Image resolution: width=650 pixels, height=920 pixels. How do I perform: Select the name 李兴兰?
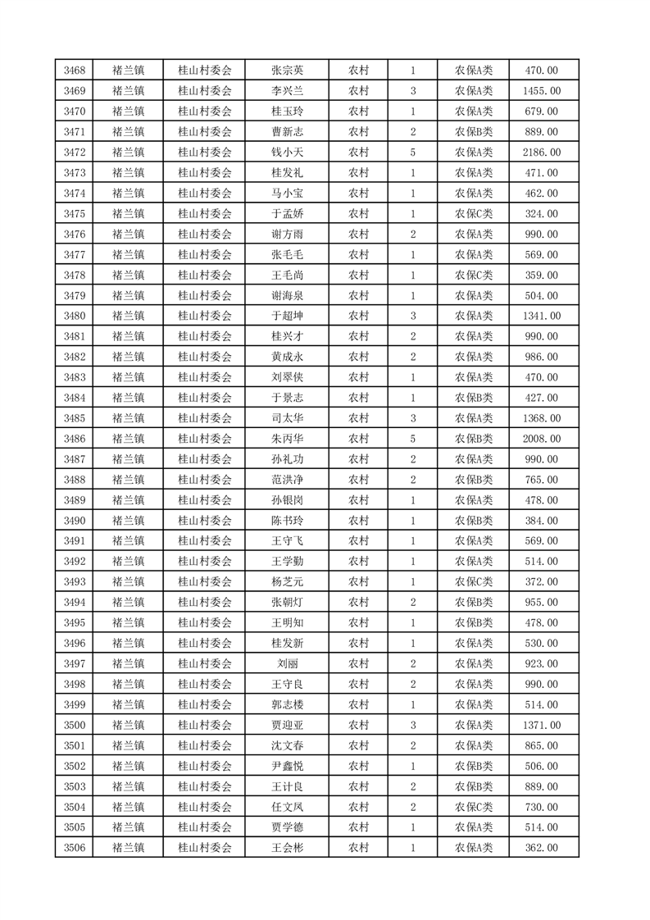point(287,91)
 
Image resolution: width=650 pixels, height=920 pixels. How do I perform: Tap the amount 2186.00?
point(542,153)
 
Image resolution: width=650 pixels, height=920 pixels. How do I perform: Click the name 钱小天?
point(287,153)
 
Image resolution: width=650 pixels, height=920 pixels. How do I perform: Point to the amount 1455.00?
point(542,91)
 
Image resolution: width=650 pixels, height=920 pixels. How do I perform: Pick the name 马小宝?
point(287,194)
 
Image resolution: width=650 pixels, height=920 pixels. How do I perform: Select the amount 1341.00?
point(542,316)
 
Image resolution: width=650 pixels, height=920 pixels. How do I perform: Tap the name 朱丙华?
point(287,439)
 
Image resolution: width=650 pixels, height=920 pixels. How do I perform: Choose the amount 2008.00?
point(542,439)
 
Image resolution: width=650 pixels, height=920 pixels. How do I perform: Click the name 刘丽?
point(287,663)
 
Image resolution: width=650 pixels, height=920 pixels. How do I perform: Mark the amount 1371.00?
point(542,725)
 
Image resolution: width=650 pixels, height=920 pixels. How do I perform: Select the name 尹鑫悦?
point(287,766)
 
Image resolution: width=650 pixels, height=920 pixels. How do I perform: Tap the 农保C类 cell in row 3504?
point(474,807)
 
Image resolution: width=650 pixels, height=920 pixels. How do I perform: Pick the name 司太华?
point(287,418)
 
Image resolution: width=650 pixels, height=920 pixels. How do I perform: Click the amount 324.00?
point(542,214)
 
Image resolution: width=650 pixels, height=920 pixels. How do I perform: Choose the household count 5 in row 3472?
point(412,153)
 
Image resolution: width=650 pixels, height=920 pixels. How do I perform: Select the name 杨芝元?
point(287,581)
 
